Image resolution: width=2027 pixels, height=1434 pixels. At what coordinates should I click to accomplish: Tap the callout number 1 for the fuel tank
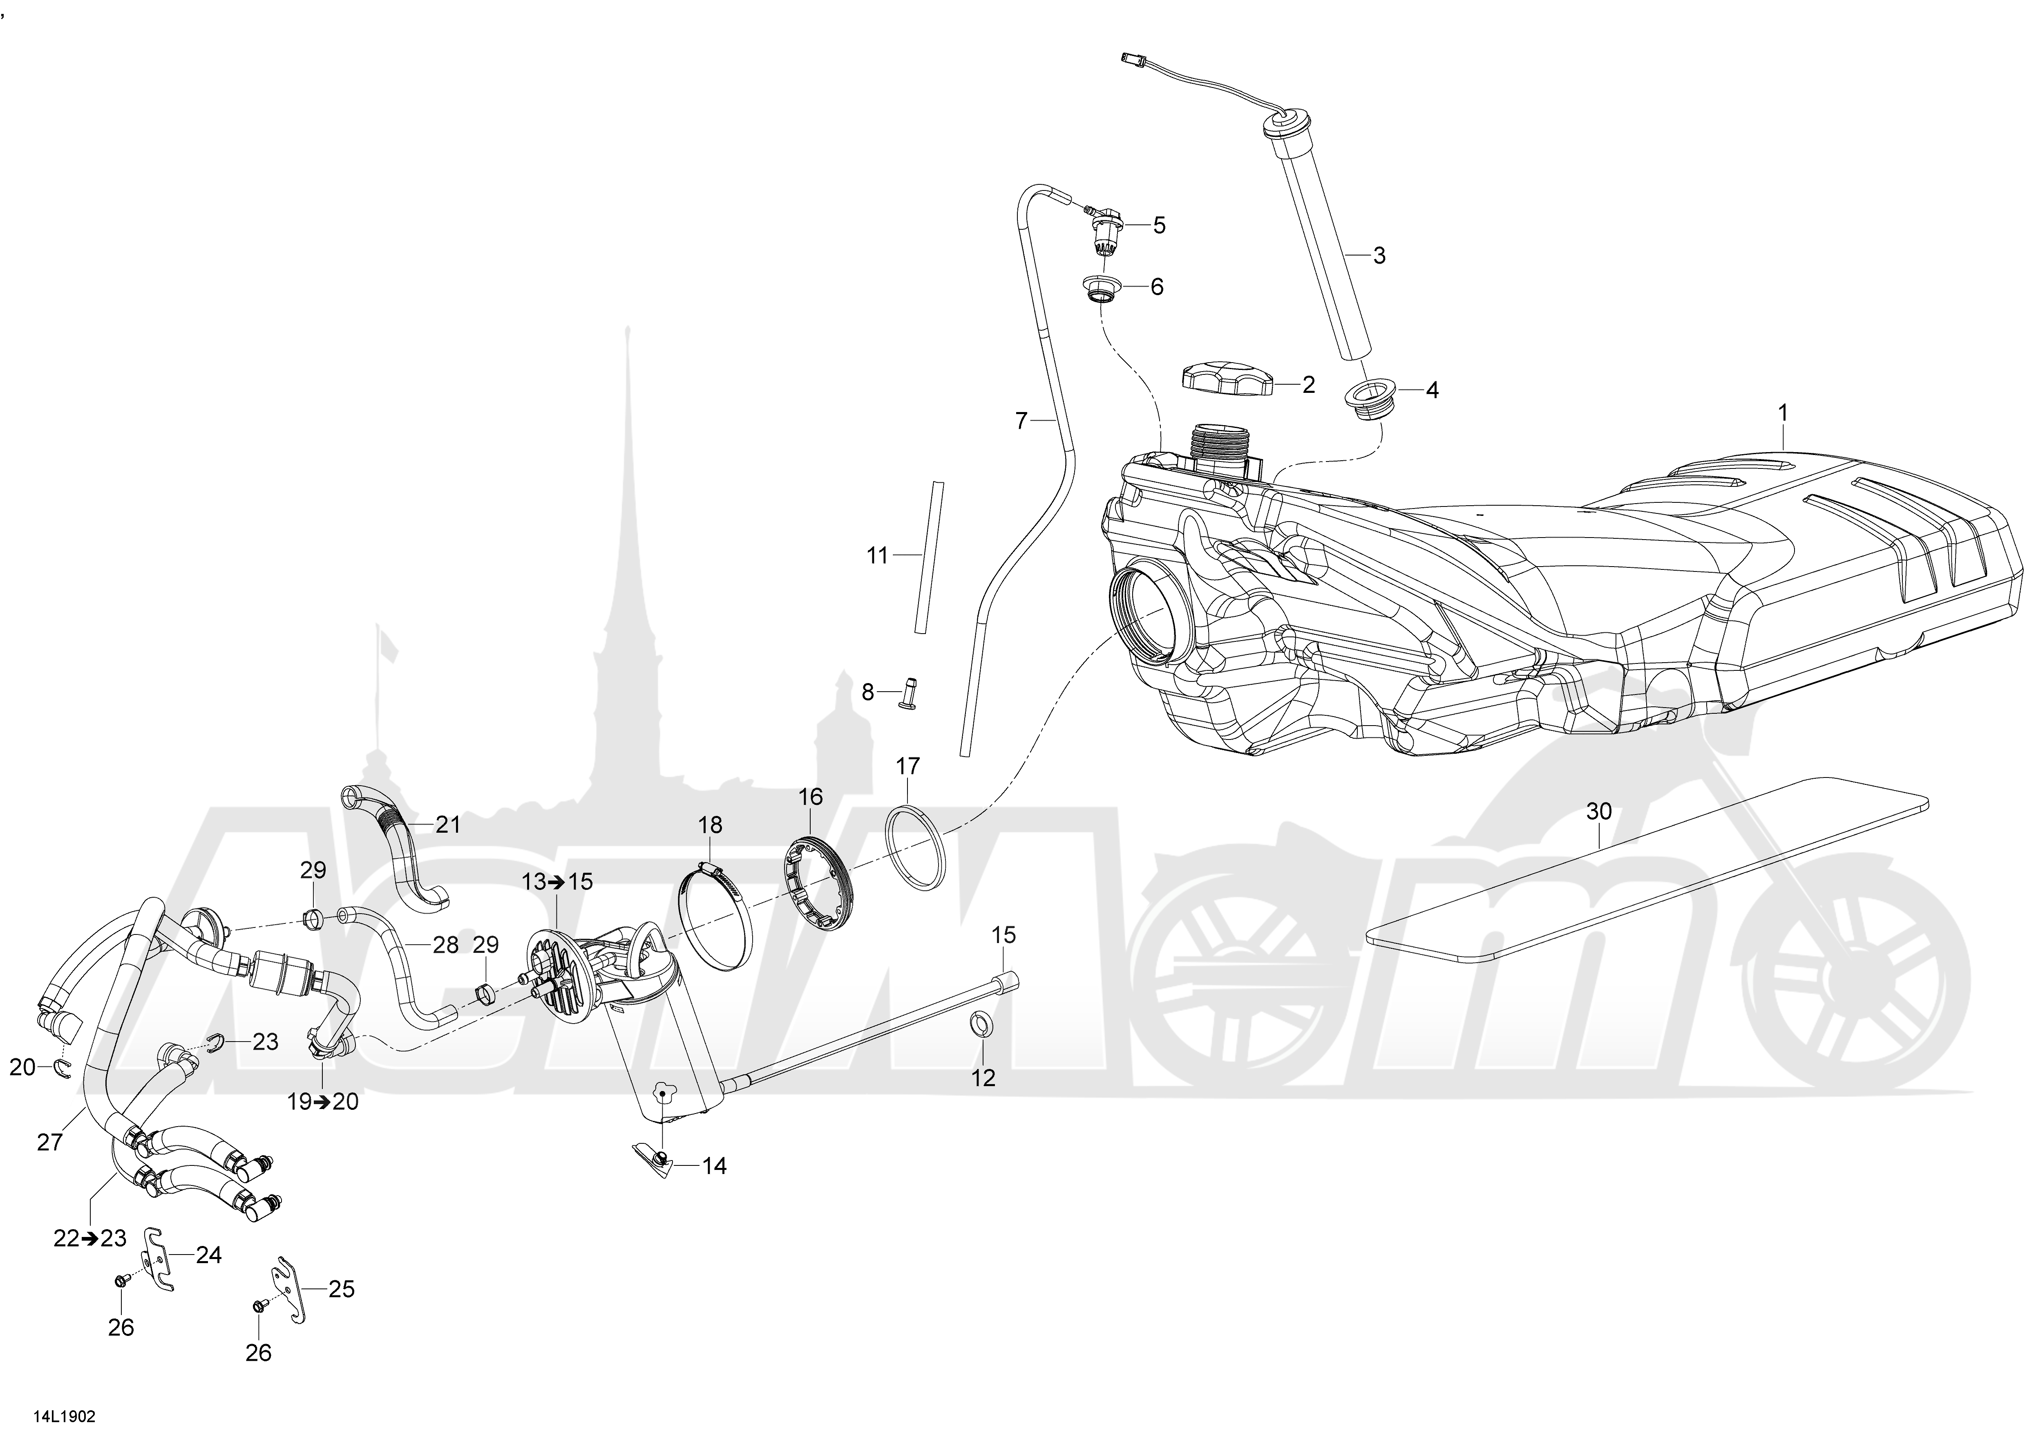[1782, 412]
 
